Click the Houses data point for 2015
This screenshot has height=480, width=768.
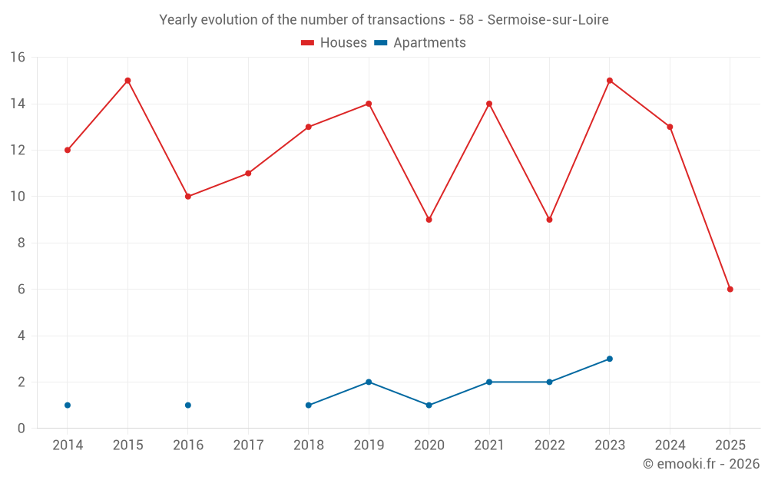coord(127,81)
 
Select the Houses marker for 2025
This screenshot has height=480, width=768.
coord(730,290)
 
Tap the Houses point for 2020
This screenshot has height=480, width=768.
coord(429,220)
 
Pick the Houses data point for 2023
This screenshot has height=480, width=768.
coord(610,81)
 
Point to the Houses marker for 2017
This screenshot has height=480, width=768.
coord(248,174)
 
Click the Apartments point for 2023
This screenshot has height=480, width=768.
coord(610,359)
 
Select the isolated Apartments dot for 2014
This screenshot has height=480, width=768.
coord(68,406)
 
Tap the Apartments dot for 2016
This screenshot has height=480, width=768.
coord(188,406)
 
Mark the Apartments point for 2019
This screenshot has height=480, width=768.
coord(369,382)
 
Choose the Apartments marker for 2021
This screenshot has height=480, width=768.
coord(489,382)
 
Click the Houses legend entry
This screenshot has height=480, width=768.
coord(343,43)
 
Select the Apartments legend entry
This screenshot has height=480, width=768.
coord(429,43)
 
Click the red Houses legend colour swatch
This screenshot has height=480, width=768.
coord(308,43)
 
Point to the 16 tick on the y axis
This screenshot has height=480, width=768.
coord(18,58)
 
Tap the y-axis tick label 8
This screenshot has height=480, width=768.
coord(22,243)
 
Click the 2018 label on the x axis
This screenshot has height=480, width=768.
coord(308,445)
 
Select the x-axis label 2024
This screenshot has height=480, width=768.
coord(670,445)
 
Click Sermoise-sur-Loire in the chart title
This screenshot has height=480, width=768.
coord(548,20)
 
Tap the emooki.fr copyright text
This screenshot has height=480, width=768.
coord(700,464)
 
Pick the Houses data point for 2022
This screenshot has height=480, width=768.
coord(549,220)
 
